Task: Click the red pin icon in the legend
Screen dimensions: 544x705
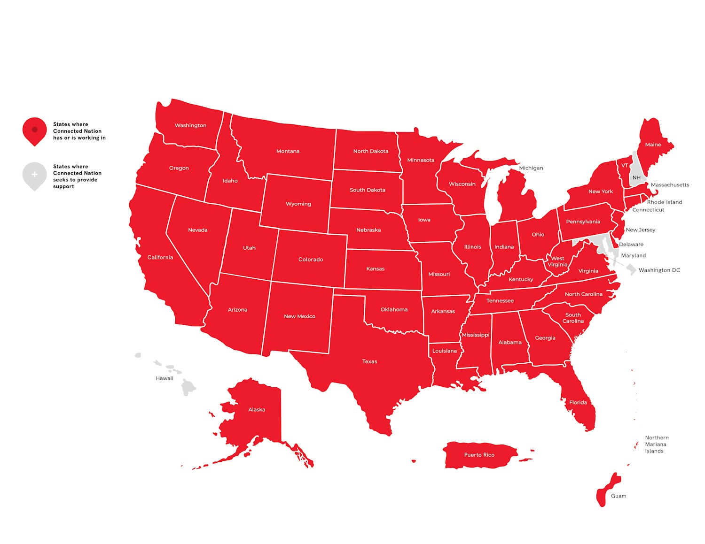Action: pos(34,130)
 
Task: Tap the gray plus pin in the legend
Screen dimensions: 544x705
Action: pos(34,175)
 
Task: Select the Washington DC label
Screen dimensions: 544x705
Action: pos(659,270)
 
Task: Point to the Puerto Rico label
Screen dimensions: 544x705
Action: pos(479,455)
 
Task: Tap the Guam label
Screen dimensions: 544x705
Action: pos(618,496)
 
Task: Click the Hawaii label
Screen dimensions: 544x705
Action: pos(164,378)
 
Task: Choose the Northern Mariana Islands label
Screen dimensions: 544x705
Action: pos(656,444)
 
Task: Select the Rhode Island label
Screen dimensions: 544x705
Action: pos(664,202)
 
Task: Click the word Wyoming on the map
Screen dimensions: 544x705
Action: pos(298,204)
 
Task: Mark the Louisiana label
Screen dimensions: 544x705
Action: pos(444,351)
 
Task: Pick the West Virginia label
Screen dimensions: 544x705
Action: pos(557,261)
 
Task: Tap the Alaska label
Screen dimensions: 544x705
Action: pos(257,410)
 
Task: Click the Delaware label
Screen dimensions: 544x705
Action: pos(631,245)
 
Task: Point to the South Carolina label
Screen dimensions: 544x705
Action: pos(573,318)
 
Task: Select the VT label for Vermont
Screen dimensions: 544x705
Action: pos(625,166)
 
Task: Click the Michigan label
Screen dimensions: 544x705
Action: pos(531,168)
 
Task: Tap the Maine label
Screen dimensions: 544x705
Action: pos(653,145)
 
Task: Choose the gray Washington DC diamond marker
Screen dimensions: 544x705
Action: pos(631,269)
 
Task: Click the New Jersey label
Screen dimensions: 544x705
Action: pos(640,230)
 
